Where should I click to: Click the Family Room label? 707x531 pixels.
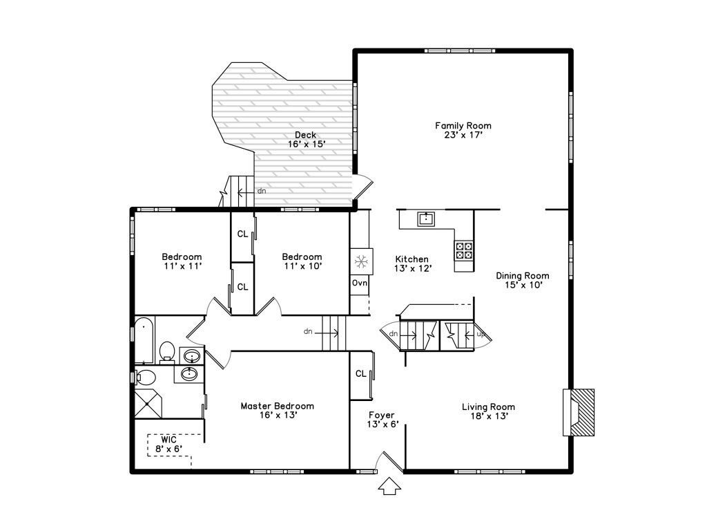(x=463, y=130)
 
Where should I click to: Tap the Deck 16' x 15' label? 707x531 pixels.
(x=306, y=139)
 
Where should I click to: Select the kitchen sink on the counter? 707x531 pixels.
(x=426, y=219)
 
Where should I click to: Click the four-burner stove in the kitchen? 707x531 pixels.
(x=464, y=250)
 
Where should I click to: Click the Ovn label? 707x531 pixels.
(x=359, y=283)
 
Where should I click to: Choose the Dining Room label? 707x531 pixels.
(x=523, y=280)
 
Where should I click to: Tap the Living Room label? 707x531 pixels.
(x=488, y=411)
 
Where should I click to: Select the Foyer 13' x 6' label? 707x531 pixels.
(x=382, y=420)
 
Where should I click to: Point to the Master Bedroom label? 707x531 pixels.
(x=277, y=411)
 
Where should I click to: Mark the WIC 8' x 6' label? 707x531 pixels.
(x=169, y=444)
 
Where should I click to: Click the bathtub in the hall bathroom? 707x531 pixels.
(x=144, y=340)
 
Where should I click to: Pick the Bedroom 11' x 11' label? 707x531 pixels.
(x=182, y=261)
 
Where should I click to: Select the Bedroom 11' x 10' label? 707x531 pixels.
(x=302, y=261)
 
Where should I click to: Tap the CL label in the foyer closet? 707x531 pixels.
(x=360, y=373)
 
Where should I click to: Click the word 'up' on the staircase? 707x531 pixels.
(x=481, y=335)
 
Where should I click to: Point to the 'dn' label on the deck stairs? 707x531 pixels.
(x=262, y=191)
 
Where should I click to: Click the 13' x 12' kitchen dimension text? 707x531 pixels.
(x=412, y=268)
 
